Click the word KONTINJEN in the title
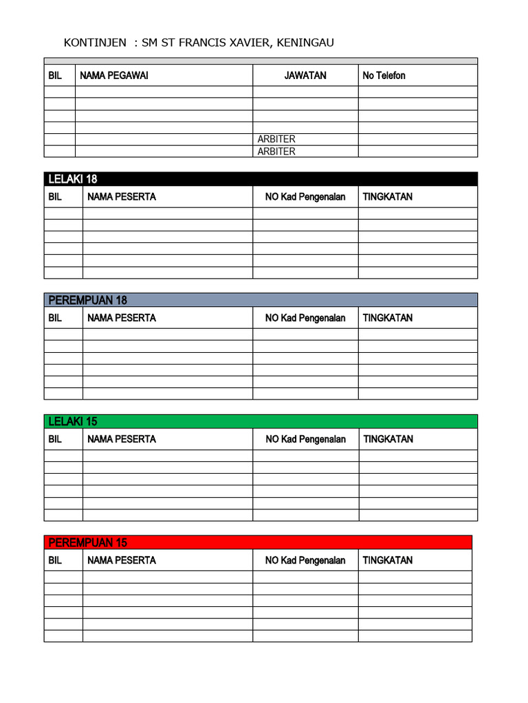[x=95, y=43]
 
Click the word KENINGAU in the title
[x=306, y=43]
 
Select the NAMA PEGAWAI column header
[x=114, y=76]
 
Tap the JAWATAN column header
[x=305, y=76]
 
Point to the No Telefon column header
[x=384, y=76]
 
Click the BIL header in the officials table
[x=55, y=76]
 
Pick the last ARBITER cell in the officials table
[x=276, y=152]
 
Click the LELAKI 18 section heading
[x=73, y=179]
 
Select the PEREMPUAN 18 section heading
[x=88, y=300]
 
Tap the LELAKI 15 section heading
[x=73, y=422]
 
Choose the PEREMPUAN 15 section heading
[x=88, y=542]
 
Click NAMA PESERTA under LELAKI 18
[x=122, y=197]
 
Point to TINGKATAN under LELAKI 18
[x=388, y=197]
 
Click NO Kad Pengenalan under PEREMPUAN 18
[x=305, y=318]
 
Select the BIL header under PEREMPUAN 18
[x=55, y=318]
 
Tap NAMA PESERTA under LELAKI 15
[x=122, y=439]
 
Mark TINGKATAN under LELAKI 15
[x=388, y=439]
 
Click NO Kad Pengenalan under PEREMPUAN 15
[x=305, y=560]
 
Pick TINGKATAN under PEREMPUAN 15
[x=388, y=560]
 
